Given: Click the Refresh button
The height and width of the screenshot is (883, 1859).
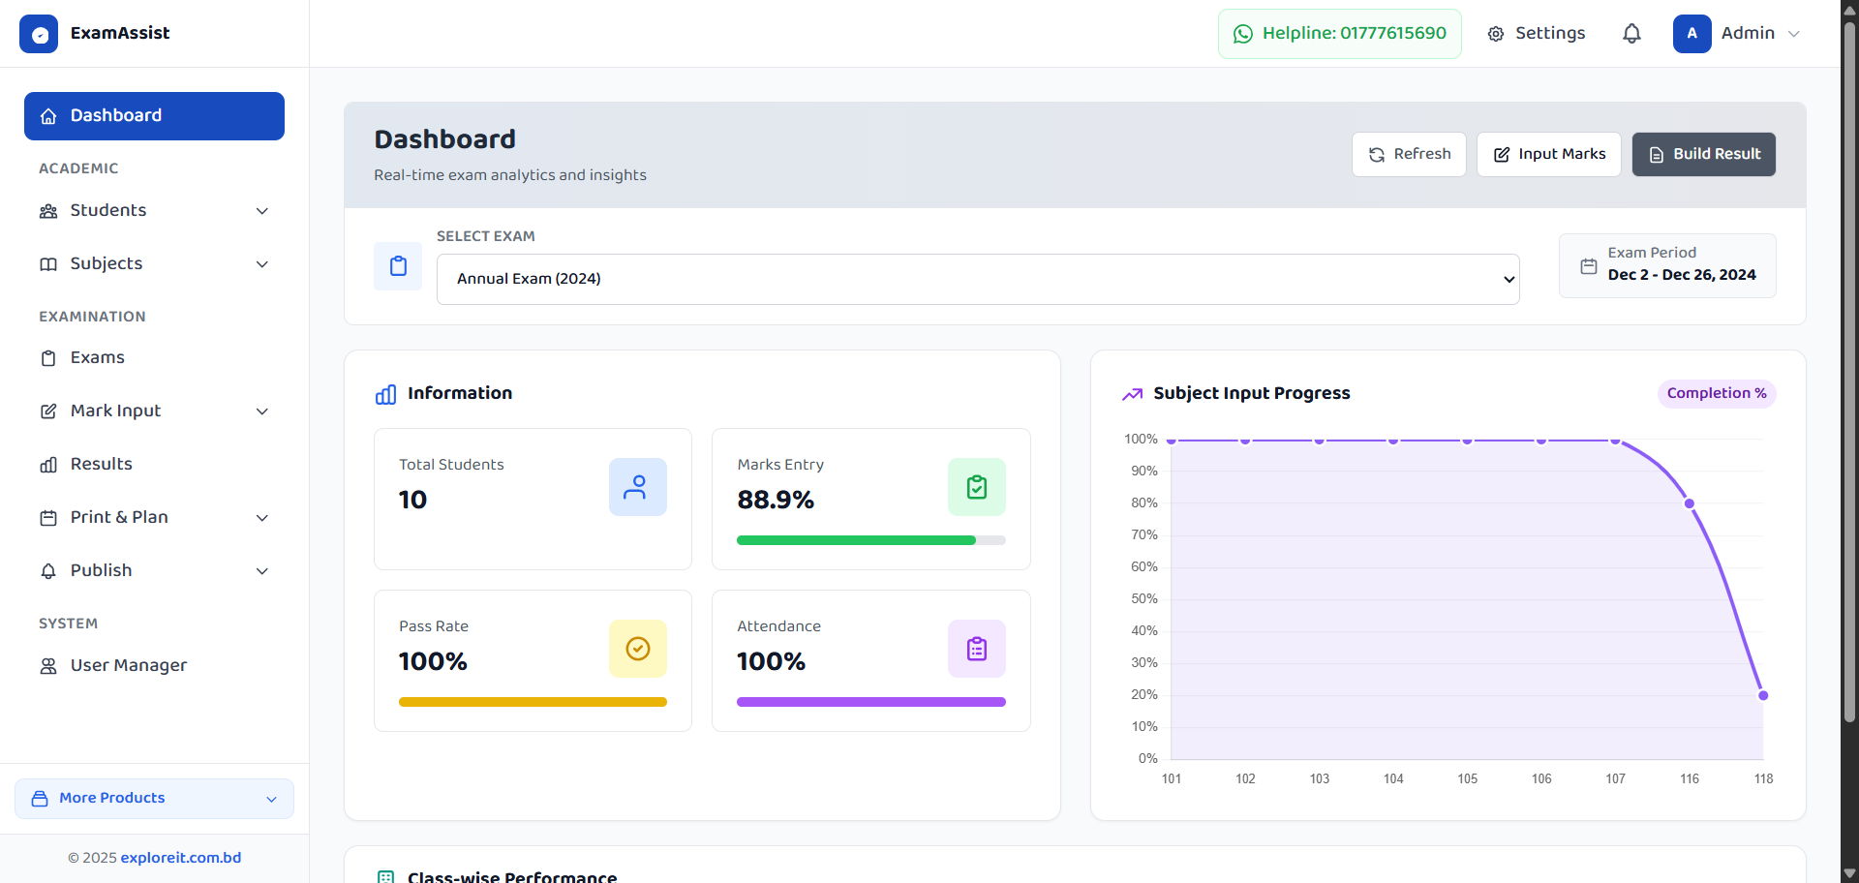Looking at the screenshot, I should tap(1409, 154).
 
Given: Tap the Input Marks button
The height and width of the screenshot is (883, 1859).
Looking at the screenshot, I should tap(1548, 154).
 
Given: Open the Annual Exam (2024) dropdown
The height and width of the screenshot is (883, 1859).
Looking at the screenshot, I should tap(978, 279).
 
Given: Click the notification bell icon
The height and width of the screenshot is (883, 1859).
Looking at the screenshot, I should tap(1631, 34).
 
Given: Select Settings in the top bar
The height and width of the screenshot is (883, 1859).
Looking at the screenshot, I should tap(1537, 34).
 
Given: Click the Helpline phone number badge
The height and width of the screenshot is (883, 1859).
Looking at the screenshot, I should tap(1339, 34).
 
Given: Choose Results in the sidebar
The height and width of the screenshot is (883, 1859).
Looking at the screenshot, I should tap(101, 464).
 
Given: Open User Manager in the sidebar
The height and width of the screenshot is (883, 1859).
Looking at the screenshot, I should tap(128, 665).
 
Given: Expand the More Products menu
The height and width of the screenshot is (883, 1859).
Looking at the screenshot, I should tap(154, 798).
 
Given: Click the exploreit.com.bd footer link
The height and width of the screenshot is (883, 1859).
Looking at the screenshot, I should tap(181, 858).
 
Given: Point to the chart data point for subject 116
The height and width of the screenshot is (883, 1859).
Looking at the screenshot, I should tap(1690, 503).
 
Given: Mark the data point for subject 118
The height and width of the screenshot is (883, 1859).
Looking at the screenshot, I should tap(1763, 695).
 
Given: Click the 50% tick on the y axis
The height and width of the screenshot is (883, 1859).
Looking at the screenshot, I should tap(1144, 598).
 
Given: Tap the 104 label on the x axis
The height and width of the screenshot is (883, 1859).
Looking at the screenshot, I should tap(1393, 778).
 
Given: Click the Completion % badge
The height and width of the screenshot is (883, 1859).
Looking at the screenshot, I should tap(1716, 393).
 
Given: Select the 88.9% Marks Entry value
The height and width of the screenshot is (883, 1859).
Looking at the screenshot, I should tap(776, 500).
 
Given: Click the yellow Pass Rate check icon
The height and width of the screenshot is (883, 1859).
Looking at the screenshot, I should tap(638, 649).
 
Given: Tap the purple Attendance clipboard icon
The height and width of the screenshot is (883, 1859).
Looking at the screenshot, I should tap(976, 649).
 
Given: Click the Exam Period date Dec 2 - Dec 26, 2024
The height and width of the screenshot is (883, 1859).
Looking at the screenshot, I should tap(1681, 275).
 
